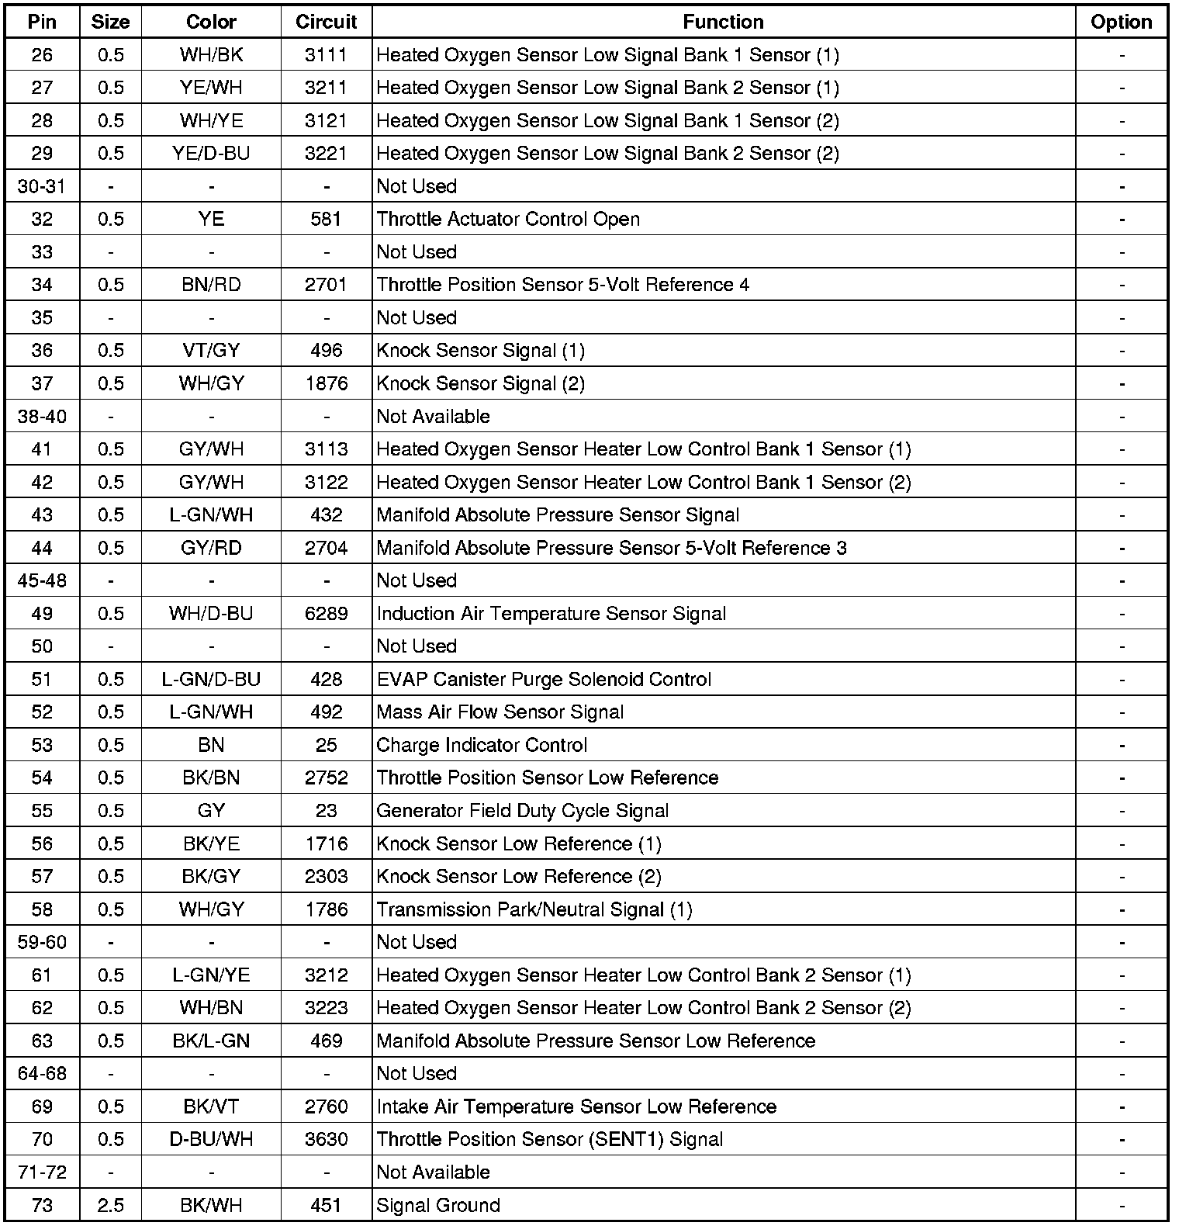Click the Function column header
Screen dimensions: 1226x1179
tap(723, 23)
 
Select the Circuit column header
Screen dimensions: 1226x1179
tap(327, 23)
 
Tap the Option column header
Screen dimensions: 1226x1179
tap(1121, 23)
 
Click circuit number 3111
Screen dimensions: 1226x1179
tap(327, 55)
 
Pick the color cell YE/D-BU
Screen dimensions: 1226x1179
tap(211, 154)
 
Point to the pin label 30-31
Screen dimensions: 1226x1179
tap(42, 186)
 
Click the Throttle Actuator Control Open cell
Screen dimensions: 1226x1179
tap(508, 220)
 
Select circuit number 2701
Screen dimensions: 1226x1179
tap(327, 285)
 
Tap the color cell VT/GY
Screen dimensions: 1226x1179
tap(211, 351)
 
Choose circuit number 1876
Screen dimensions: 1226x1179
tap(327, 383)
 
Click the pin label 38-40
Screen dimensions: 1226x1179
tap(42, 417)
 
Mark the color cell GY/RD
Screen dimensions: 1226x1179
tap(211, 548)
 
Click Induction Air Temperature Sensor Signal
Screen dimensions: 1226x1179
tap(551, 614)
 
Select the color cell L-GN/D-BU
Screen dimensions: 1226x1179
tap(211, 680)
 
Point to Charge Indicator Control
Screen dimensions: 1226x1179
tap(482, 745)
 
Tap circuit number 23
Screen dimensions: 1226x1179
tap(327, 811)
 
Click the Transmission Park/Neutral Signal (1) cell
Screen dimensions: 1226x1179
tap(534, 909)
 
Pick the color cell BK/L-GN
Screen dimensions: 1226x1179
tap(211, 1041)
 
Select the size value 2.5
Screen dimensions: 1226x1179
tap(111, 1205)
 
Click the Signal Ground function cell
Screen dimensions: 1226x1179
tap(438, 1205)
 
